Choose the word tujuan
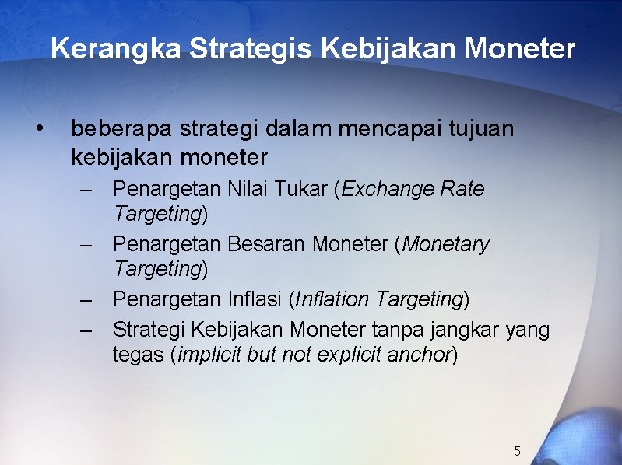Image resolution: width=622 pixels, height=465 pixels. pyautogui.click(x=482, y=128)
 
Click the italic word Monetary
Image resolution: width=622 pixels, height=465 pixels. pyautogui.click(x=445, y=245)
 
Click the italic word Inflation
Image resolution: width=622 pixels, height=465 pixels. pyautogui.click(x=333, y=300)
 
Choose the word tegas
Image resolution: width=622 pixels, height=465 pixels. pyautogui.click(x=138, y=355)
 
